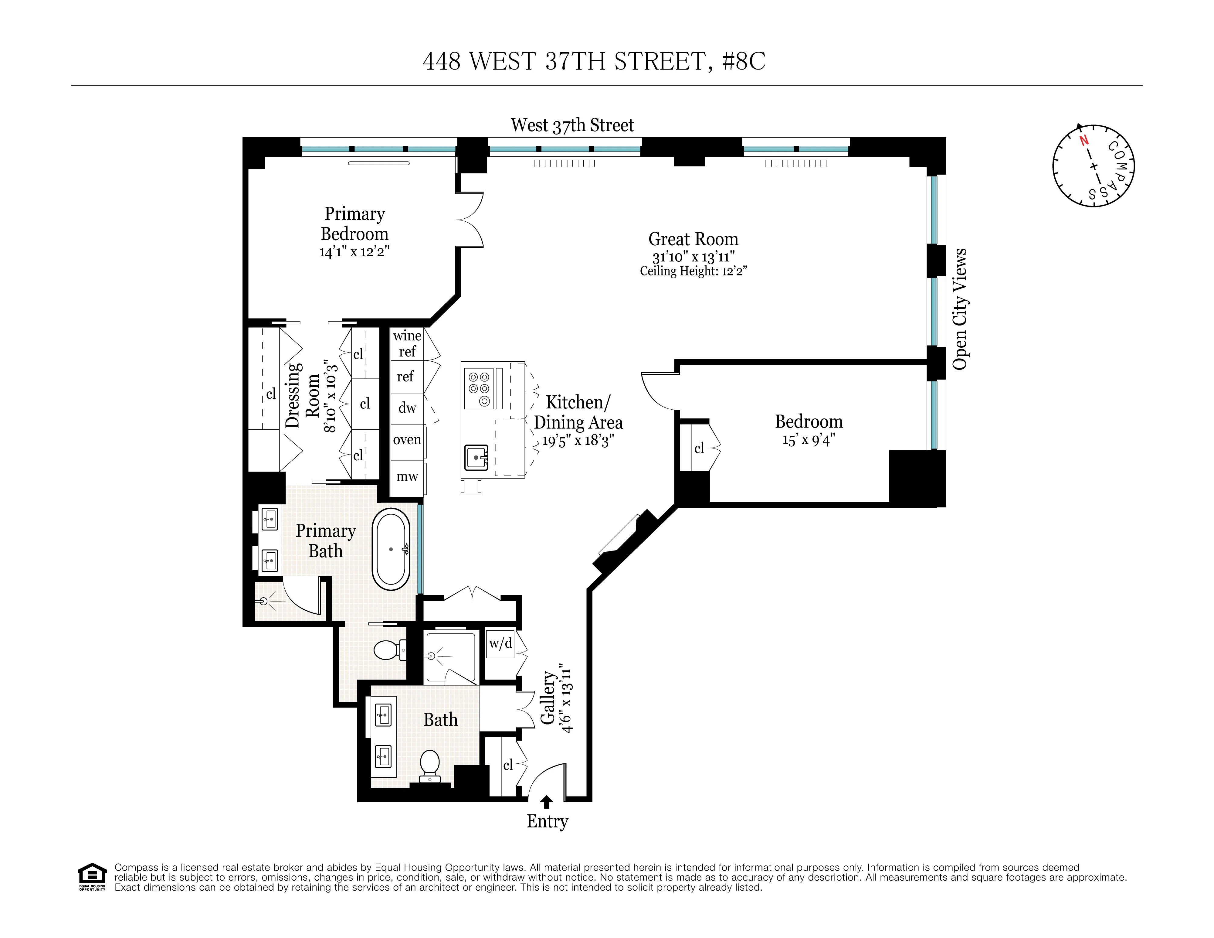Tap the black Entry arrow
(547, 802)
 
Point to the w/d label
(500, 643)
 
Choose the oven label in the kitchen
(407, 439)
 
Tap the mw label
(407, 476)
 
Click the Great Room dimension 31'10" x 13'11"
(693, 257)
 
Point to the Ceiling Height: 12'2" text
(693, 271)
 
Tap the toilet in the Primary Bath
(388, 650)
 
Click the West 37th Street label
(572, 125)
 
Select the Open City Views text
(960, 309)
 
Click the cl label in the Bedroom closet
(699, 448)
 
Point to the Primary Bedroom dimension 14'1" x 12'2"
(354, 252)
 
